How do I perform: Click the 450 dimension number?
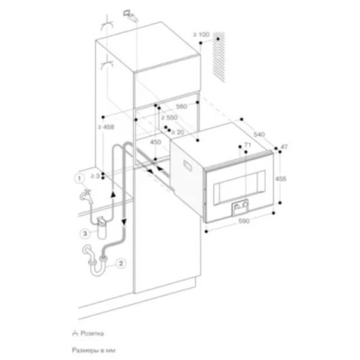154,142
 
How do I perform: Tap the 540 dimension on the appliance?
259,135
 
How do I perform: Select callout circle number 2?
121,263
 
